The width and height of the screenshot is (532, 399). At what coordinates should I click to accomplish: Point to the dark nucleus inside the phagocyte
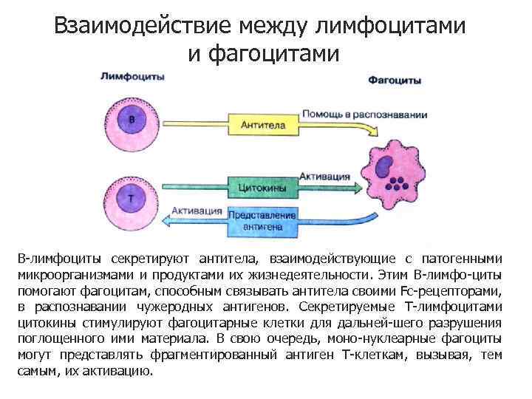385,168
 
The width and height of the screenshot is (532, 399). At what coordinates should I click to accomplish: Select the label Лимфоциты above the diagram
132,76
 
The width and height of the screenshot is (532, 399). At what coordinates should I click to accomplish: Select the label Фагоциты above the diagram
395,79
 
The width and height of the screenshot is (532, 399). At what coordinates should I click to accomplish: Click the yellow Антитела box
263,126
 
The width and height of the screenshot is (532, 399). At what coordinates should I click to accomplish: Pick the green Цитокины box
263,188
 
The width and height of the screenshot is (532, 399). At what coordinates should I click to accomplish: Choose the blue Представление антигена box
263,221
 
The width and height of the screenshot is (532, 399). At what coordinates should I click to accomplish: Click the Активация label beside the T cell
197,210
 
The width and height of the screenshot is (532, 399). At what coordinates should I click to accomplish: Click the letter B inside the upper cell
132,120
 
